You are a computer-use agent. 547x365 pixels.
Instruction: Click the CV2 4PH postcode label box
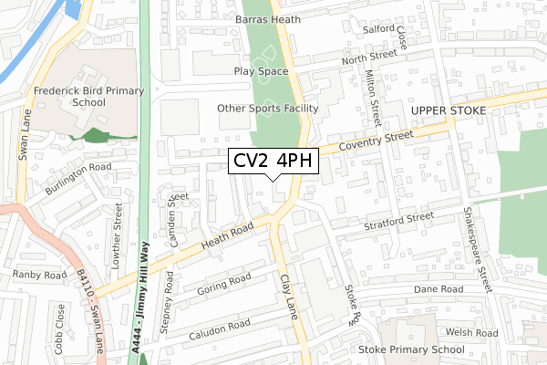coord(273,162)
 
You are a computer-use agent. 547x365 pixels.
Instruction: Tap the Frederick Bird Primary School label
coord(82,98)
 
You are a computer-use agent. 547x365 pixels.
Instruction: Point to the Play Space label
coord(261,70)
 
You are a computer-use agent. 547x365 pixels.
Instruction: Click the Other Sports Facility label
coord(267,109)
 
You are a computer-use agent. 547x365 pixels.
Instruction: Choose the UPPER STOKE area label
coord(450,109)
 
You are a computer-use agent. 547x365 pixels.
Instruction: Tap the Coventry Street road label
coord(375,141)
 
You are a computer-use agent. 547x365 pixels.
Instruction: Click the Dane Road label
coord(439,288)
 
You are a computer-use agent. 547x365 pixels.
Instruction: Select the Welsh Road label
coord(473,333)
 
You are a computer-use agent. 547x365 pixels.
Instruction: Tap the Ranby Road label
coord(39,275)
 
